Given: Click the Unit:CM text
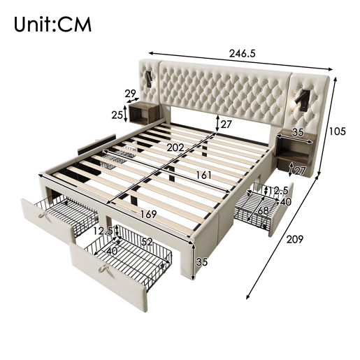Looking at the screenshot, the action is [52, 24].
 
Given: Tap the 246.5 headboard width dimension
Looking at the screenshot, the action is [243, 53].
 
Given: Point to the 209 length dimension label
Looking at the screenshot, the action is [294, 240].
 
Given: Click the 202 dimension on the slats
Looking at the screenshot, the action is [175, 147].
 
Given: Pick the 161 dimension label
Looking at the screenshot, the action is [203, 175].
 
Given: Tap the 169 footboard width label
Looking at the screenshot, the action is [148, 214].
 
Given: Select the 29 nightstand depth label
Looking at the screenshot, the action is [130, 94].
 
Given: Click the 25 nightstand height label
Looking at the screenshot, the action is [117, 115].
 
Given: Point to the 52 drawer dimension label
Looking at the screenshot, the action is [147, 242].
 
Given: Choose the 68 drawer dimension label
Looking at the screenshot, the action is [263, 211].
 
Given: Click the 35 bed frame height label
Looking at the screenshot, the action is [202, 262].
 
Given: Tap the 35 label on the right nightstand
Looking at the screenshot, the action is [298, 132].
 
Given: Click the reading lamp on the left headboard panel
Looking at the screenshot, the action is [149, 79].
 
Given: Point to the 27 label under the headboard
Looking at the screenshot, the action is [226, 124].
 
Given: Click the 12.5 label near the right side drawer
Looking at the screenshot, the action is [278, 191].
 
